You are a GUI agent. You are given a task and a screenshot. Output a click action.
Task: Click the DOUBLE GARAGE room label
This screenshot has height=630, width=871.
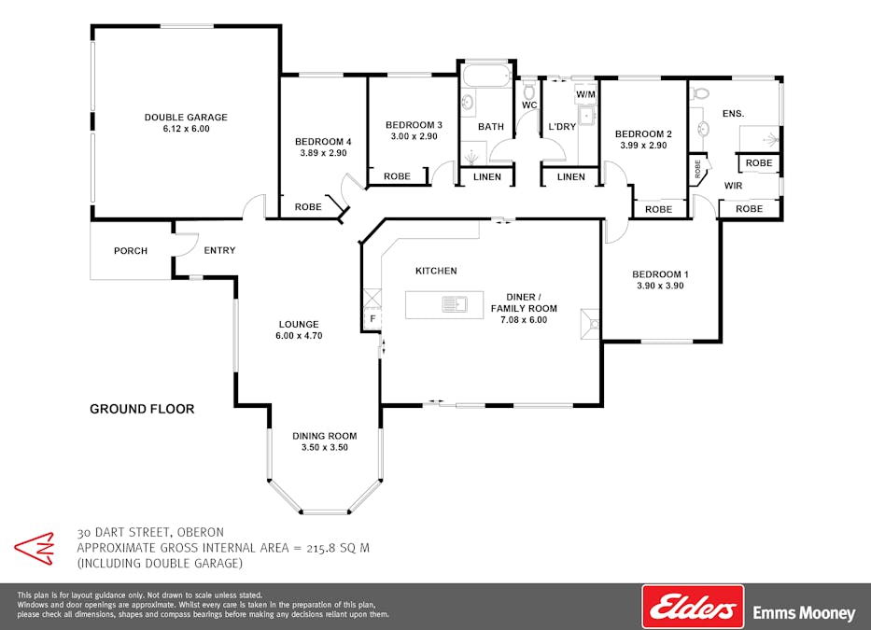(x=186, y=118)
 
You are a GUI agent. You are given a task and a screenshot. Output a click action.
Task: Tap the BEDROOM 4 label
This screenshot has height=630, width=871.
(x=323, y=142)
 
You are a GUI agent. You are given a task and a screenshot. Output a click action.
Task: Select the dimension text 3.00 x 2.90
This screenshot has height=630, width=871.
(x=414, y=136)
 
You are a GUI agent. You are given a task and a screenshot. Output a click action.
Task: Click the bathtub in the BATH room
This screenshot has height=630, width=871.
(x=487, y=77)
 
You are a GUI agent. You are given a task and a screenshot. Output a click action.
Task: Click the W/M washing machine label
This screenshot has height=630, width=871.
(x=585, y=94)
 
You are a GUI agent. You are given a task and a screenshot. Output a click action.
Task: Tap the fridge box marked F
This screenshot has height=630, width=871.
(x=372, y=319)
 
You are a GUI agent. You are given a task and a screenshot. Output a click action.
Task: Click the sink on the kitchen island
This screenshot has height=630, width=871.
(x=455, y=304)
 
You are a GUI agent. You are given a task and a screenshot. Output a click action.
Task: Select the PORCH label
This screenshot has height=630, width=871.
(x=131, y=250)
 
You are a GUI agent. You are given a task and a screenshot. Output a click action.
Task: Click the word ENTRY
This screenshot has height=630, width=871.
(x=219, y=250)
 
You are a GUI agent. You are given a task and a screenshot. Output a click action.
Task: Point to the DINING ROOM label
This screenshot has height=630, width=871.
(x=324, y=436)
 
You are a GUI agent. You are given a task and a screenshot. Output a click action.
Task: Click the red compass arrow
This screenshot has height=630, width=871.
(x=35, y=549)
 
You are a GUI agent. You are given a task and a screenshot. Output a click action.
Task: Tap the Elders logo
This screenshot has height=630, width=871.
(x=693, y=606)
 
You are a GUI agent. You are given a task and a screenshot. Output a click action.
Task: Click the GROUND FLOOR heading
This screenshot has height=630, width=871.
(x=142, y=409)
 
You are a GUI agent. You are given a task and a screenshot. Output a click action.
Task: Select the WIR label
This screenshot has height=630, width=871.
(x=733, y=186)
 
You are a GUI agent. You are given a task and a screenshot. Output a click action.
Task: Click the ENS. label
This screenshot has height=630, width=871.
(x=733, y=113)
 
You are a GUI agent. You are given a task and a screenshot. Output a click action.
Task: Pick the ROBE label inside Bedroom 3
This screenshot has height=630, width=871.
(x=397, y=176)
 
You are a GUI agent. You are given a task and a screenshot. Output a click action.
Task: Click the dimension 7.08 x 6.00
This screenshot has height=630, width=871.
(x=524, y=320)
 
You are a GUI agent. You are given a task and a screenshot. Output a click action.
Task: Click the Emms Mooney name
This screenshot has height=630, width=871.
(x=804, y=613)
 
